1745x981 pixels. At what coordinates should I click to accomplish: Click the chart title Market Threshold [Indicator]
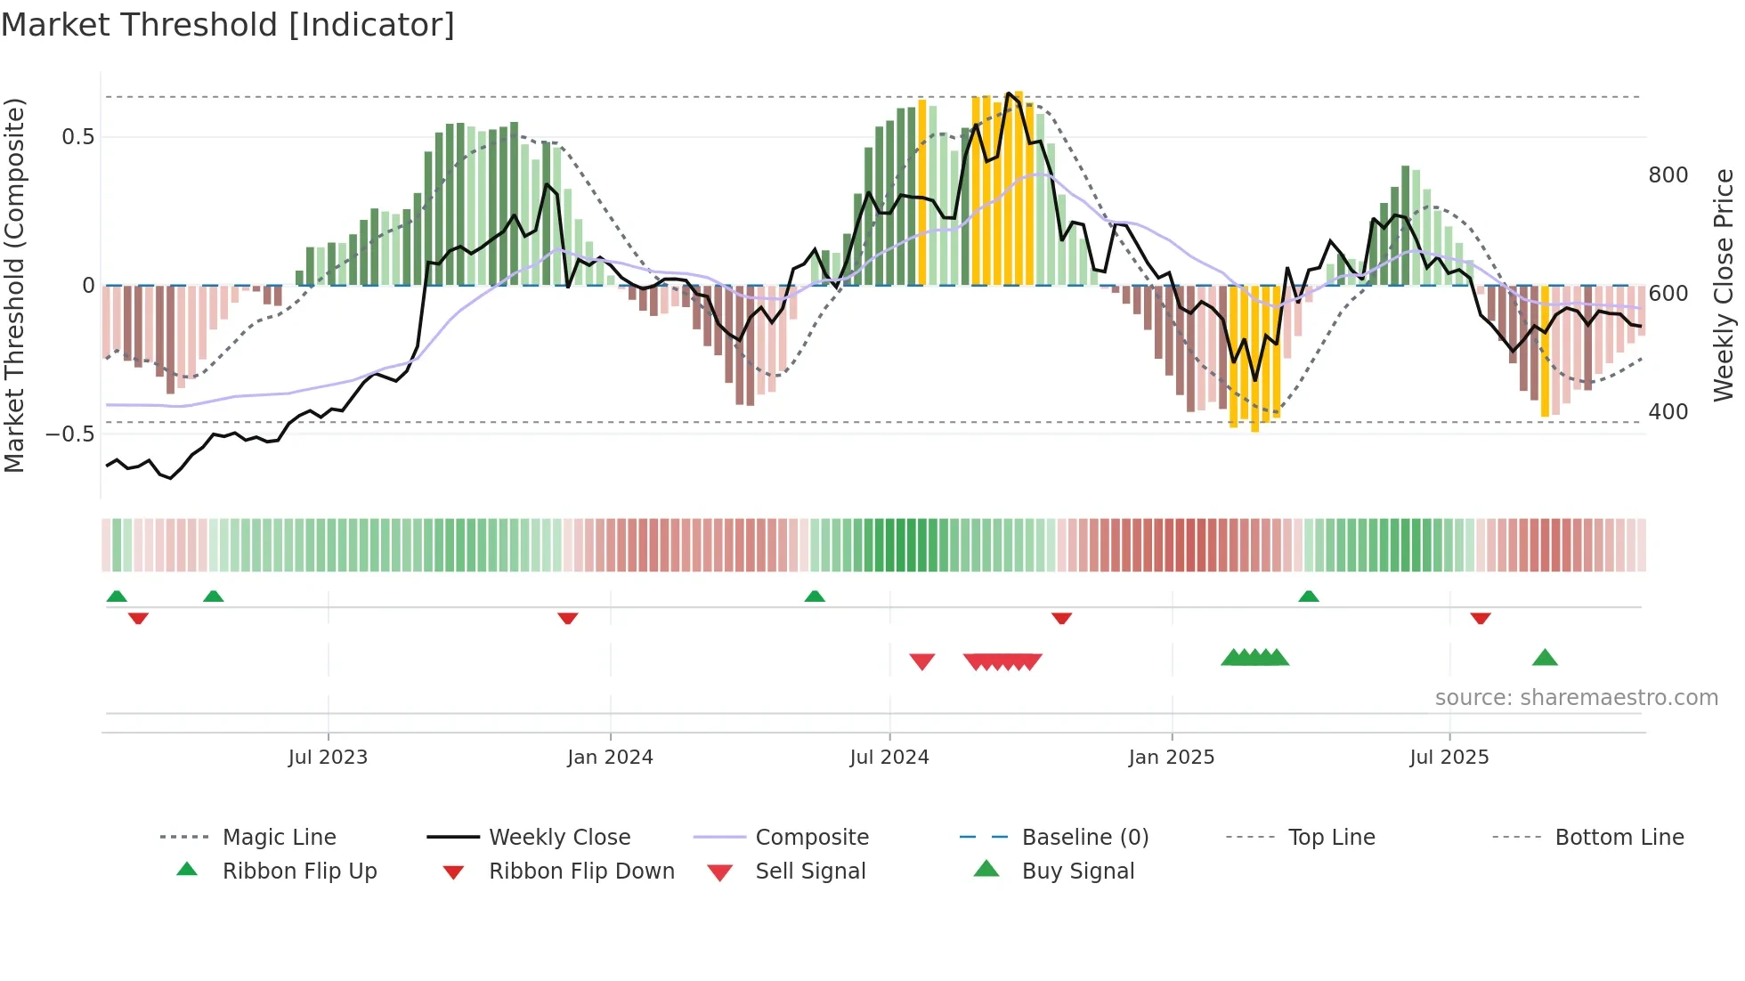pos(228,25)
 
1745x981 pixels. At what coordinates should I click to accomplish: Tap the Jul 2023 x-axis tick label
pos(328,758)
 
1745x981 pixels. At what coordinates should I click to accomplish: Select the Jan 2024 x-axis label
pos(610,758)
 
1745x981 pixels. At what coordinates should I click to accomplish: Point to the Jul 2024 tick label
pos(889,758)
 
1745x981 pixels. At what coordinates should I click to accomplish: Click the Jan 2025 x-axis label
pos(1171,758)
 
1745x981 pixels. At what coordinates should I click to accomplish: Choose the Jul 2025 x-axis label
pos(1449,758)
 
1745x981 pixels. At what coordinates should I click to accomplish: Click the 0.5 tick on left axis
pos(77,137)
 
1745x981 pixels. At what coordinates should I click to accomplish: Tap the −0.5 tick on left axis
pos(70,434)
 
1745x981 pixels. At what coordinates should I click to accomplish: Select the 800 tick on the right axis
pos(1668,175)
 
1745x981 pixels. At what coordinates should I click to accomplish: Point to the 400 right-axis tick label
pos(1668,412)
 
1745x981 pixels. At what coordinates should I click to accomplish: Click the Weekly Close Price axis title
pos(1724,285)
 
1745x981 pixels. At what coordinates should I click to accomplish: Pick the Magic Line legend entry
pos(279,838)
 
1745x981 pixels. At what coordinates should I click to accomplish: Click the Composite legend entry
pos(811,838)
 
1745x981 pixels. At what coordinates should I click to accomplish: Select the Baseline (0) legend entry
pos(1084,838)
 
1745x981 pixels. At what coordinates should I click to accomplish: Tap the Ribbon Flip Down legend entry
pos(580,872)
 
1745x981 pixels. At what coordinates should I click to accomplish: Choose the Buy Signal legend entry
pos(1077,872)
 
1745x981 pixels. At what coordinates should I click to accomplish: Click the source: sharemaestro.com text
pos(1576,698)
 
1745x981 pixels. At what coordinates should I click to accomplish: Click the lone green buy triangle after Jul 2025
pos(1545,658)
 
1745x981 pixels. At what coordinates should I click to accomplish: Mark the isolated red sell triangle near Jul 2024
pos(922,661)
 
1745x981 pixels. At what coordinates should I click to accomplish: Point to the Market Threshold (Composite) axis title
pos(15,285)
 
